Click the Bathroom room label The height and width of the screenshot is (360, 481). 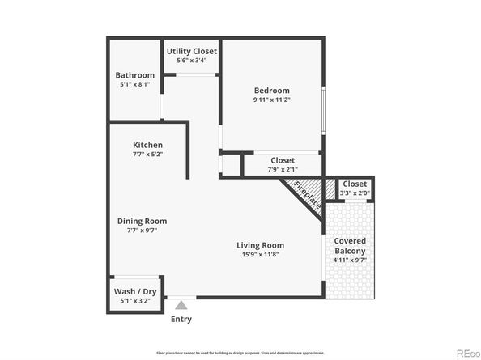(x=134, y=76)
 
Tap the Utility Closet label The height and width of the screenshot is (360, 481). (x=192, y=51)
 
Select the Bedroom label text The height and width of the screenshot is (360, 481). (x=271, y=91)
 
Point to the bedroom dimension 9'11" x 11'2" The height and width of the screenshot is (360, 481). (x=271, y=100)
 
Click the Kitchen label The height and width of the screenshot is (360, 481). (x=148, y=145)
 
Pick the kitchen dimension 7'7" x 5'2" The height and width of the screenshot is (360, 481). (x=148, y=155)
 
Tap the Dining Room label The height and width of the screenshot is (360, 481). (x=143, y=221)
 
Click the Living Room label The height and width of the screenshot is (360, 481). (x=260, y=245)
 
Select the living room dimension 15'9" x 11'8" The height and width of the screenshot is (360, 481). (x=260, y=255)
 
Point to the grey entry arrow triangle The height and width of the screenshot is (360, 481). (x=181, y=306)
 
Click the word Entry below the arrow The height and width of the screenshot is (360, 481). (x=181, y=319)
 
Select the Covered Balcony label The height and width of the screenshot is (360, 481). (x=351, y=246)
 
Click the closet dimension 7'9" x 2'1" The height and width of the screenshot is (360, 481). (x=283, y=170)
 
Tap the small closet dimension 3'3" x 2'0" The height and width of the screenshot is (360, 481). (x=354, y=193)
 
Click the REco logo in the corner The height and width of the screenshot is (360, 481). (x=467, y=352)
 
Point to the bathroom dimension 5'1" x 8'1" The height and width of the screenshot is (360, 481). (x=134, y=86)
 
